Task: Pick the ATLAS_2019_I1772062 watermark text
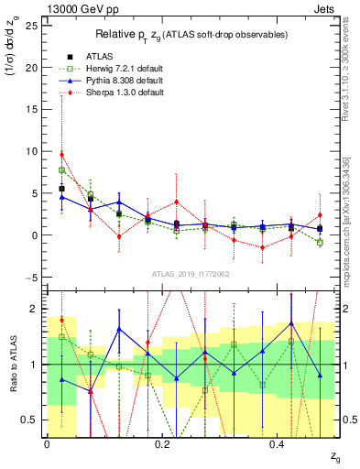[190, 273]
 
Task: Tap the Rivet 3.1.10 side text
[348, 73]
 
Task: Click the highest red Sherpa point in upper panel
[61, 154]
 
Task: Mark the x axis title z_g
[322, 455]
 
